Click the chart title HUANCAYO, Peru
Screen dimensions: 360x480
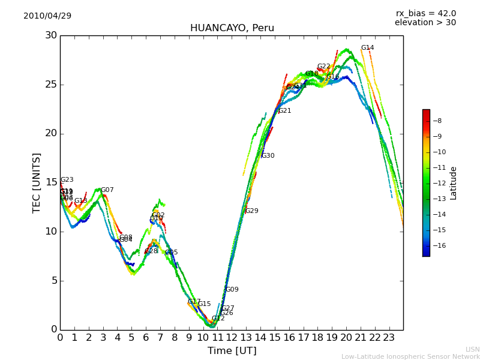pyautogui.click(x=232, y=28)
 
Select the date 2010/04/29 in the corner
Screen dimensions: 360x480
pyautogui.click(x=47, y=16)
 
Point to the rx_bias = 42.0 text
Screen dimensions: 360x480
pyautogui.click(x=425, y=13)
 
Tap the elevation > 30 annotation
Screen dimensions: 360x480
pyautogui.click(x=425, y=23)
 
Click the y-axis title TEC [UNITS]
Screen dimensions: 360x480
pyautogui.click(x=37, y=182)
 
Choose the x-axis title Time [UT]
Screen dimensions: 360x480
pyautogui.click(x=232, y=351)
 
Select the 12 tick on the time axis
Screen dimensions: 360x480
pyautogui.click(x=232, y=338)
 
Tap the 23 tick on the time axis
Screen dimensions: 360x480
pyautogui.click(x=389, y=338)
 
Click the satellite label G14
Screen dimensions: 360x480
pyautogui.click(x=367, y=48)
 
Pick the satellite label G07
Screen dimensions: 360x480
pyautogui.click(x=107, y=190)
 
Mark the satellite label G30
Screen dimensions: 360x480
pyautogui.click(x=268, y=156)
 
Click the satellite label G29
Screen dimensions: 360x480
pyautogui.click(x=251, y=211)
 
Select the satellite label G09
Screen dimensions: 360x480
pyautogui.click(x=232, y=290)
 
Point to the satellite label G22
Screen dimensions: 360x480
pyautogui.click(x=323, y=67)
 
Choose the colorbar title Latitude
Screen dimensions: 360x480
pyautogui.click(x=454, y=183)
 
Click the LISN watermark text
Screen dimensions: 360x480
pyautogui.click(x=472, y=349)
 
